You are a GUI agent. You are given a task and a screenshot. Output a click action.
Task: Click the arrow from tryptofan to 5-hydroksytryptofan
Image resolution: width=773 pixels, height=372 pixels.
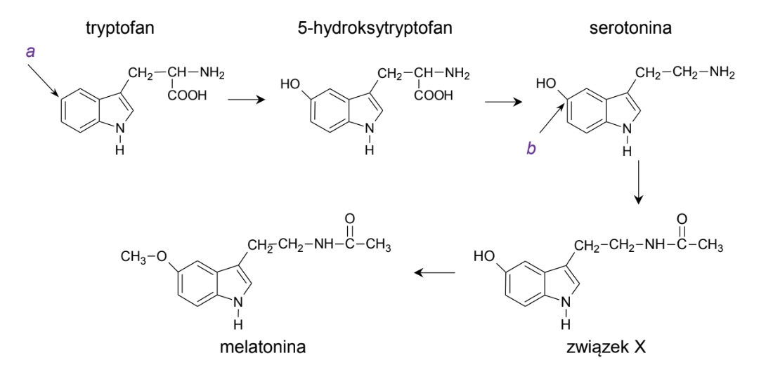pos(247,100)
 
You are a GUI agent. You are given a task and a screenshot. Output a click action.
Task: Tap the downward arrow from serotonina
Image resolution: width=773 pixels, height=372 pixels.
pos(638,182)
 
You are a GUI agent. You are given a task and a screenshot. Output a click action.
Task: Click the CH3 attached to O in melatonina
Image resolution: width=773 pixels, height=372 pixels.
pos(134,257)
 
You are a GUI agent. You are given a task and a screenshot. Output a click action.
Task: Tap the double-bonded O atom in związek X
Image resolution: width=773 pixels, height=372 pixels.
pos(681,219)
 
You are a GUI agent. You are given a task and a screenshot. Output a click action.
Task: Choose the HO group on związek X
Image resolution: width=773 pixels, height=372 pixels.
pos(485,257)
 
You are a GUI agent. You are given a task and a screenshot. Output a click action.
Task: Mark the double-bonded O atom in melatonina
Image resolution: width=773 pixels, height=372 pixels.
pos(349,219)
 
